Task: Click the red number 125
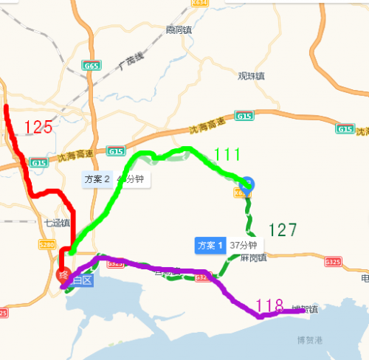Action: pos(38,127)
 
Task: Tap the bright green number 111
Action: pos(227,154)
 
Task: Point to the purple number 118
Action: pos(269,305)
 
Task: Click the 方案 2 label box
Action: pos(97,179)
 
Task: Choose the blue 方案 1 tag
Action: pos(210,245)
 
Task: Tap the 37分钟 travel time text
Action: pos(242,245)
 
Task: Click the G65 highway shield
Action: pos(92,66)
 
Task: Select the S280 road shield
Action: pos(46,244)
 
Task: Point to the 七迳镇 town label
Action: pos(57,222)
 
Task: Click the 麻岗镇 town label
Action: pos(253,257)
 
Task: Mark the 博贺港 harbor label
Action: pos(310,340)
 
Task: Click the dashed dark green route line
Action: pos(248,221)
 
